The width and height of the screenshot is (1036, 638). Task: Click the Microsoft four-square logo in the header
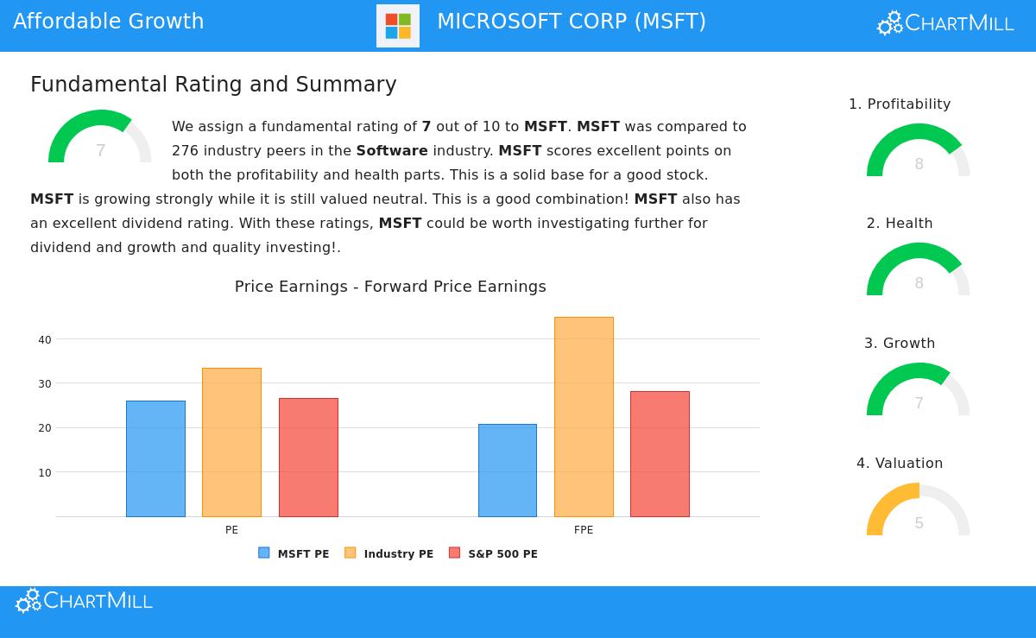398,26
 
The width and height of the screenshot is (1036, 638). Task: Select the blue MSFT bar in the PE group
155,458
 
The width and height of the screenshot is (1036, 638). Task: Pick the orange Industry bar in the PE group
231,442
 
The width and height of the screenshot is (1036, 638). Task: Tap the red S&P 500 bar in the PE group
308,458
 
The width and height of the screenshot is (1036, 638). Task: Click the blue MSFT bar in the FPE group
508,471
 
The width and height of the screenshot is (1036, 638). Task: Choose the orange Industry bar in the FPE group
584,417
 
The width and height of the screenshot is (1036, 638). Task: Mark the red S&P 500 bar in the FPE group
660,454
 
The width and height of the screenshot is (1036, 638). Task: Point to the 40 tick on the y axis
45,340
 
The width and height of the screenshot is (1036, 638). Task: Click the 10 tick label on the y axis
45,473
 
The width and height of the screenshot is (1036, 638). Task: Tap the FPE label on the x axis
584,530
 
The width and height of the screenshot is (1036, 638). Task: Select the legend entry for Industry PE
389,553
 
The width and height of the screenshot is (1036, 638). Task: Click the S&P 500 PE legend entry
494,553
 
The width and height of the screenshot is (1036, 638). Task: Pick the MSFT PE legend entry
294,553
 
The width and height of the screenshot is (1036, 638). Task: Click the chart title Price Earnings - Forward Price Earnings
390,287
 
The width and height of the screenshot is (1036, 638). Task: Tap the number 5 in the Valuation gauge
919,523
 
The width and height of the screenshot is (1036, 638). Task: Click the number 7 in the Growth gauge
919,403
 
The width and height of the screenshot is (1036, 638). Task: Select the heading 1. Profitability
900,104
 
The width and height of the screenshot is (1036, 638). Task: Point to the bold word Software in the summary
392,151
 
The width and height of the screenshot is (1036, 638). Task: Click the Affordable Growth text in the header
109,22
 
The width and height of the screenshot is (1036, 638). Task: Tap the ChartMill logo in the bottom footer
85,601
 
